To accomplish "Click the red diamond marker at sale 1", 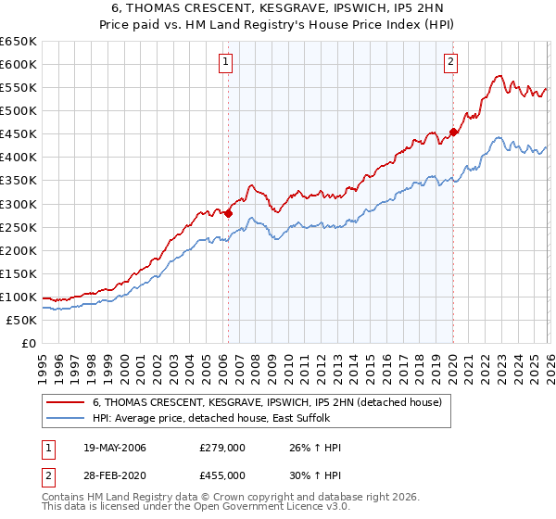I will click(228, 213).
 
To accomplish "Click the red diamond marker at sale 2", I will click(453, 132).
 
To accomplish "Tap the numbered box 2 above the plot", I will click(451, 62).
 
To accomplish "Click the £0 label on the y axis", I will click(27, 344).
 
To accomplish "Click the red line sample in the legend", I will click(64, 402).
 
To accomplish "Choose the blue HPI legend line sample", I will click(64, 419).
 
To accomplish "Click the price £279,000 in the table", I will click(221, 448).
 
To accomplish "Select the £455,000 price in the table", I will click(221, 475).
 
